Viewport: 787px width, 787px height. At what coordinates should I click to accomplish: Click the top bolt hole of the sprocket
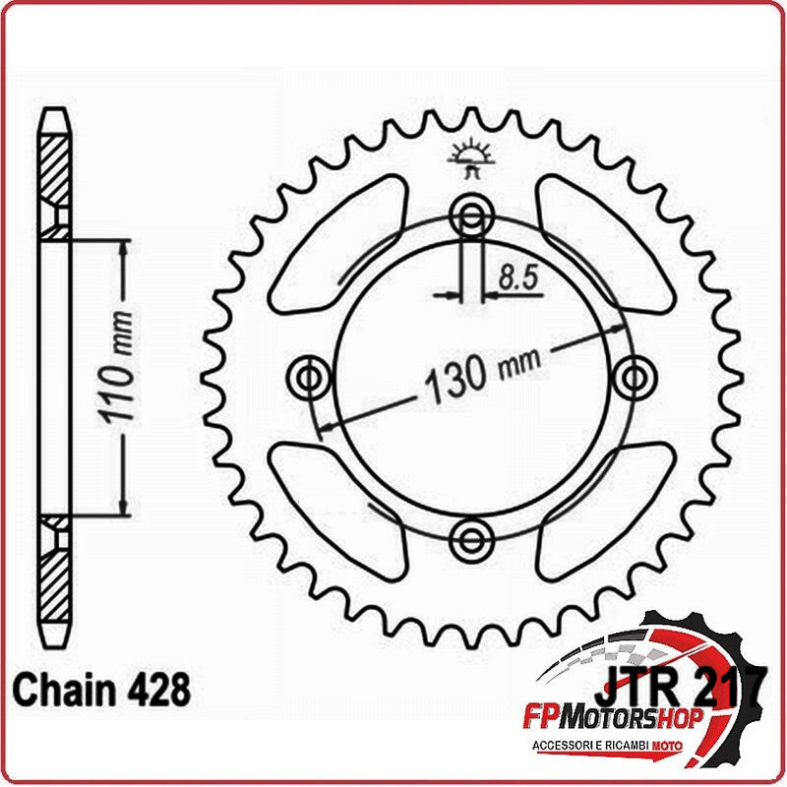[x=471, y=216]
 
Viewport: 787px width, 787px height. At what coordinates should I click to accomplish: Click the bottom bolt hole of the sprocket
[x=471, y=535]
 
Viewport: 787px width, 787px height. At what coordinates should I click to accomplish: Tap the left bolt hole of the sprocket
[x=312, y=376]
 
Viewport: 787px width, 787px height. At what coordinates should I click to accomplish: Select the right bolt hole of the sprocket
[x=632, y=376]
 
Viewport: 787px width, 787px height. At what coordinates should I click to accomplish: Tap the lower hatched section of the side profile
[x=55, y=580]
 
